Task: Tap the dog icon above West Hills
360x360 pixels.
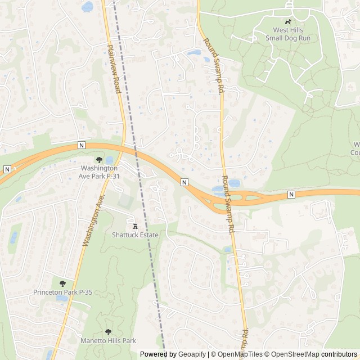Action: (289, 21)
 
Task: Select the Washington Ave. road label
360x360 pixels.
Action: (94, 220)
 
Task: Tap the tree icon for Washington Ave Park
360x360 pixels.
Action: (100, 160)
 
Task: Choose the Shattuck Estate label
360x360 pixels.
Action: (135, 235)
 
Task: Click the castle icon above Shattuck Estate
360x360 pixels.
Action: (135, 226)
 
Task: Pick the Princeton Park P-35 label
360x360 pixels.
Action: (62, 292)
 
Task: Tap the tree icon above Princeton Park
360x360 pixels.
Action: (62, 283)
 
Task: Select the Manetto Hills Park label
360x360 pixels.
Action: (109, 341)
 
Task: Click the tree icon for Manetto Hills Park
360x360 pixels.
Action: (108, 332)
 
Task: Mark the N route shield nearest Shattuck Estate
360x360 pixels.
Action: (184, 182)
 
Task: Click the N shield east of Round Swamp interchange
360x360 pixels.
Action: (291, 194)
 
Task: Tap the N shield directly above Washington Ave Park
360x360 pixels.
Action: (82, 145)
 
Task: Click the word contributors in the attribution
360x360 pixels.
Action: (339, 354)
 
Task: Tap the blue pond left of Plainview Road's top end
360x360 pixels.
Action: (87, 7)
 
